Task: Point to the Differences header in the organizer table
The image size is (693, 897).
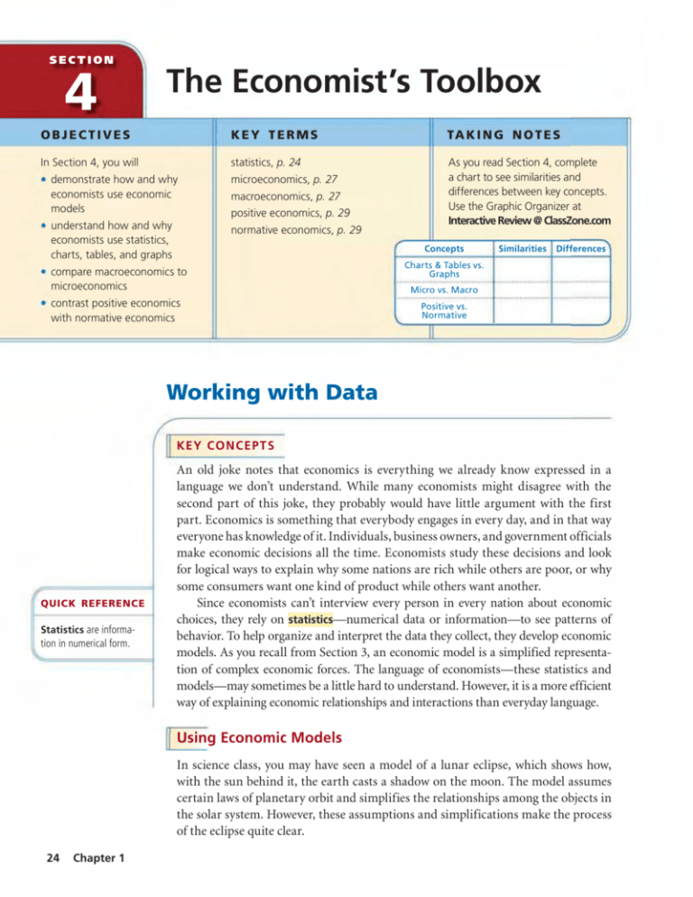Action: point(579,247)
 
